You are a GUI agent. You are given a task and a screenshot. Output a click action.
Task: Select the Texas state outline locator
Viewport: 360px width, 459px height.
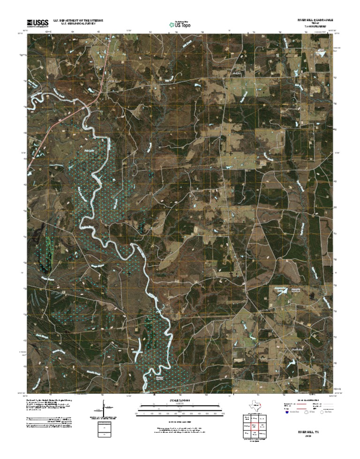(x=256, y=407)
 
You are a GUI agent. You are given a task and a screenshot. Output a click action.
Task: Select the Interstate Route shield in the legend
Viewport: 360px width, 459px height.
(x=287, y=413)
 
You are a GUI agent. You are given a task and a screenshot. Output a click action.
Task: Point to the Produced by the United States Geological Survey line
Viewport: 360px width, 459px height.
(x=52, y=401)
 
